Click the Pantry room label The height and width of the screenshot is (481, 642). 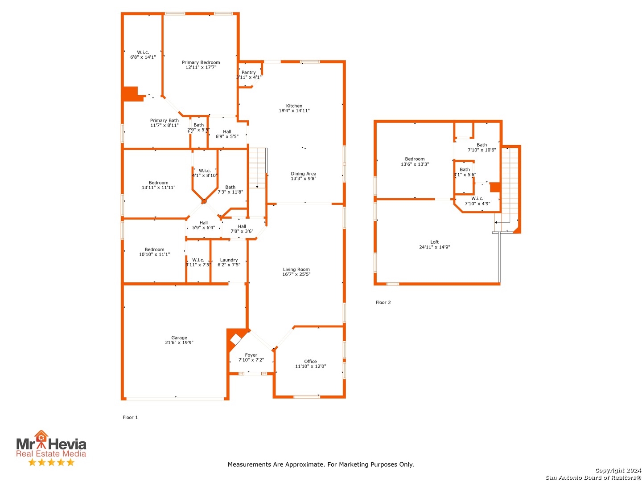248,72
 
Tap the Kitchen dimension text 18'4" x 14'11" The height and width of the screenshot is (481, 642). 294,110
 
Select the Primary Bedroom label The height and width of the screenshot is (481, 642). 201,62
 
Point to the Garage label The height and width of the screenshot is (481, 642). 179,337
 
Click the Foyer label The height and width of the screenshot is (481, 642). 251,355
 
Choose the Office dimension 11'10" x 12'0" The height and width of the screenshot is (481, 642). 310,366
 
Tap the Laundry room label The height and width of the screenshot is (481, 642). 229,260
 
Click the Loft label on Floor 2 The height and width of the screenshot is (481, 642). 434,242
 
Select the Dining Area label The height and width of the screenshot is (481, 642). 303,174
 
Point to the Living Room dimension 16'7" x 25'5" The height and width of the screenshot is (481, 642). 296,274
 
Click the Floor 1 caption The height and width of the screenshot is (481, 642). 130,417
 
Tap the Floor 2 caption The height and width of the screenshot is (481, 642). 383,302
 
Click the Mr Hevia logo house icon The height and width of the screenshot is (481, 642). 41,436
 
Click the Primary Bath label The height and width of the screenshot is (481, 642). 164,120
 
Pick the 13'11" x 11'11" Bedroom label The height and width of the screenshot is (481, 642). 158,185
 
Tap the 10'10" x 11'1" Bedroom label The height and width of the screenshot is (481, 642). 154,252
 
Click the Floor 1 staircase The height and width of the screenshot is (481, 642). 257,168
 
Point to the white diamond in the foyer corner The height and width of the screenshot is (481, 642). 235,340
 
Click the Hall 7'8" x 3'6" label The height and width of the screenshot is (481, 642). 242,228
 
